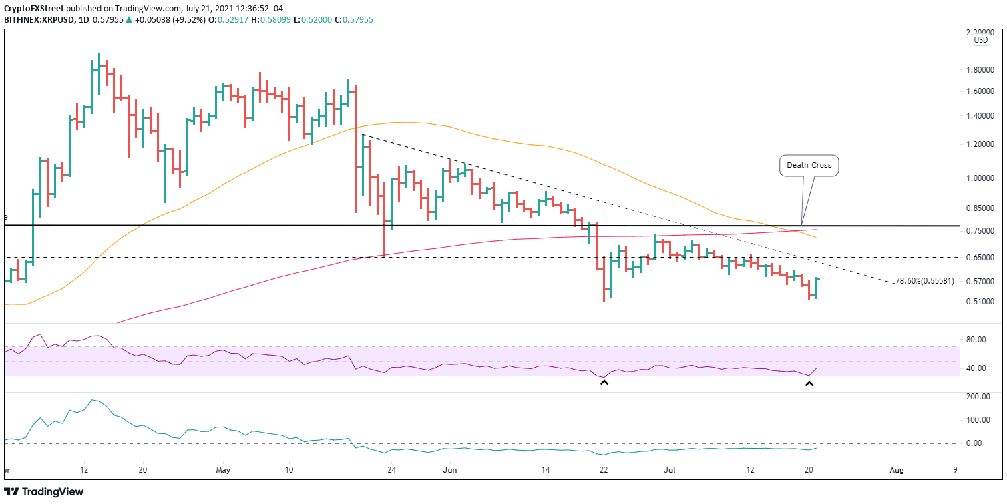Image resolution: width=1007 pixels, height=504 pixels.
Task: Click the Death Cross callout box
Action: [809, 165]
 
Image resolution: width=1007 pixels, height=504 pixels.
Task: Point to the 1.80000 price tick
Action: [981, 70]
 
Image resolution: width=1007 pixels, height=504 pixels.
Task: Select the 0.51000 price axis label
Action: [981, 302]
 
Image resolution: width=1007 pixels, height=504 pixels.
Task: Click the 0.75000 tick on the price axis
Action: [981, 231]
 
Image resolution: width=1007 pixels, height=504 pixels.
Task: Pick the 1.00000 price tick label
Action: [981, 178]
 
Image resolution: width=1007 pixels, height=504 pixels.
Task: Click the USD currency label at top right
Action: [981, 40]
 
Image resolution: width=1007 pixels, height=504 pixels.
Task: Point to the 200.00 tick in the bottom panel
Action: [978, 397]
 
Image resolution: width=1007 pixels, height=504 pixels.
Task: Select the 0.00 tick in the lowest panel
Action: [979, 443]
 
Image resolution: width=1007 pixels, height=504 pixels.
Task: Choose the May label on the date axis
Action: [223, 469]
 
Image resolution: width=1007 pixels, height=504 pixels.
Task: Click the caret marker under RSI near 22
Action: [604, 382]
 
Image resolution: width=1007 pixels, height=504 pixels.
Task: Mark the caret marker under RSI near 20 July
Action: [809, 384]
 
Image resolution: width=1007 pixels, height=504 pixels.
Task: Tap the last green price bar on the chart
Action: [817, 287]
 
